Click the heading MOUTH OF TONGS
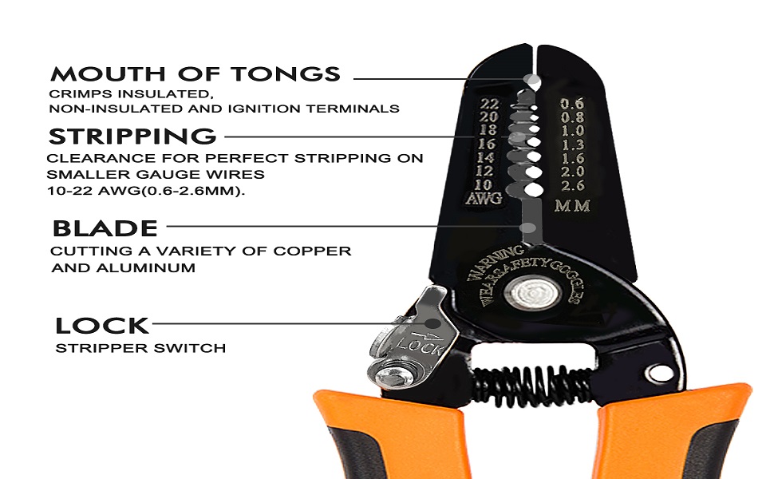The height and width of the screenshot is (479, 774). [x=195, y=75]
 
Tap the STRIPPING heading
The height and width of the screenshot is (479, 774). [x=132, y=136]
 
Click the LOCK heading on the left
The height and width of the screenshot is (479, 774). [x=102, y=326]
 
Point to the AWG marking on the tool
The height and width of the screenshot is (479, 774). [x=484, y=199]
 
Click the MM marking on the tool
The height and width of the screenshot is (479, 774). [x=572, y=206]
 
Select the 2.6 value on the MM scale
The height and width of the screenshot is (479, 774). [x=572, y=186]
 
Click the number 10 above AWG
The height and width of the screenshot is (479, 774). [x=484, y=184]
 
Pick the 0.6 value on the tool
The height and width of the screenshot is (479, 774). [x=572, y=104]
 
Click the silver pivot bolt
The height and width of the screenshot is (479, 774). [x=530, y=295]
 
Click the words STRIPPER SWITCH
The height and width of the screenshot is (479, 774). [x=140, y=348]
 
